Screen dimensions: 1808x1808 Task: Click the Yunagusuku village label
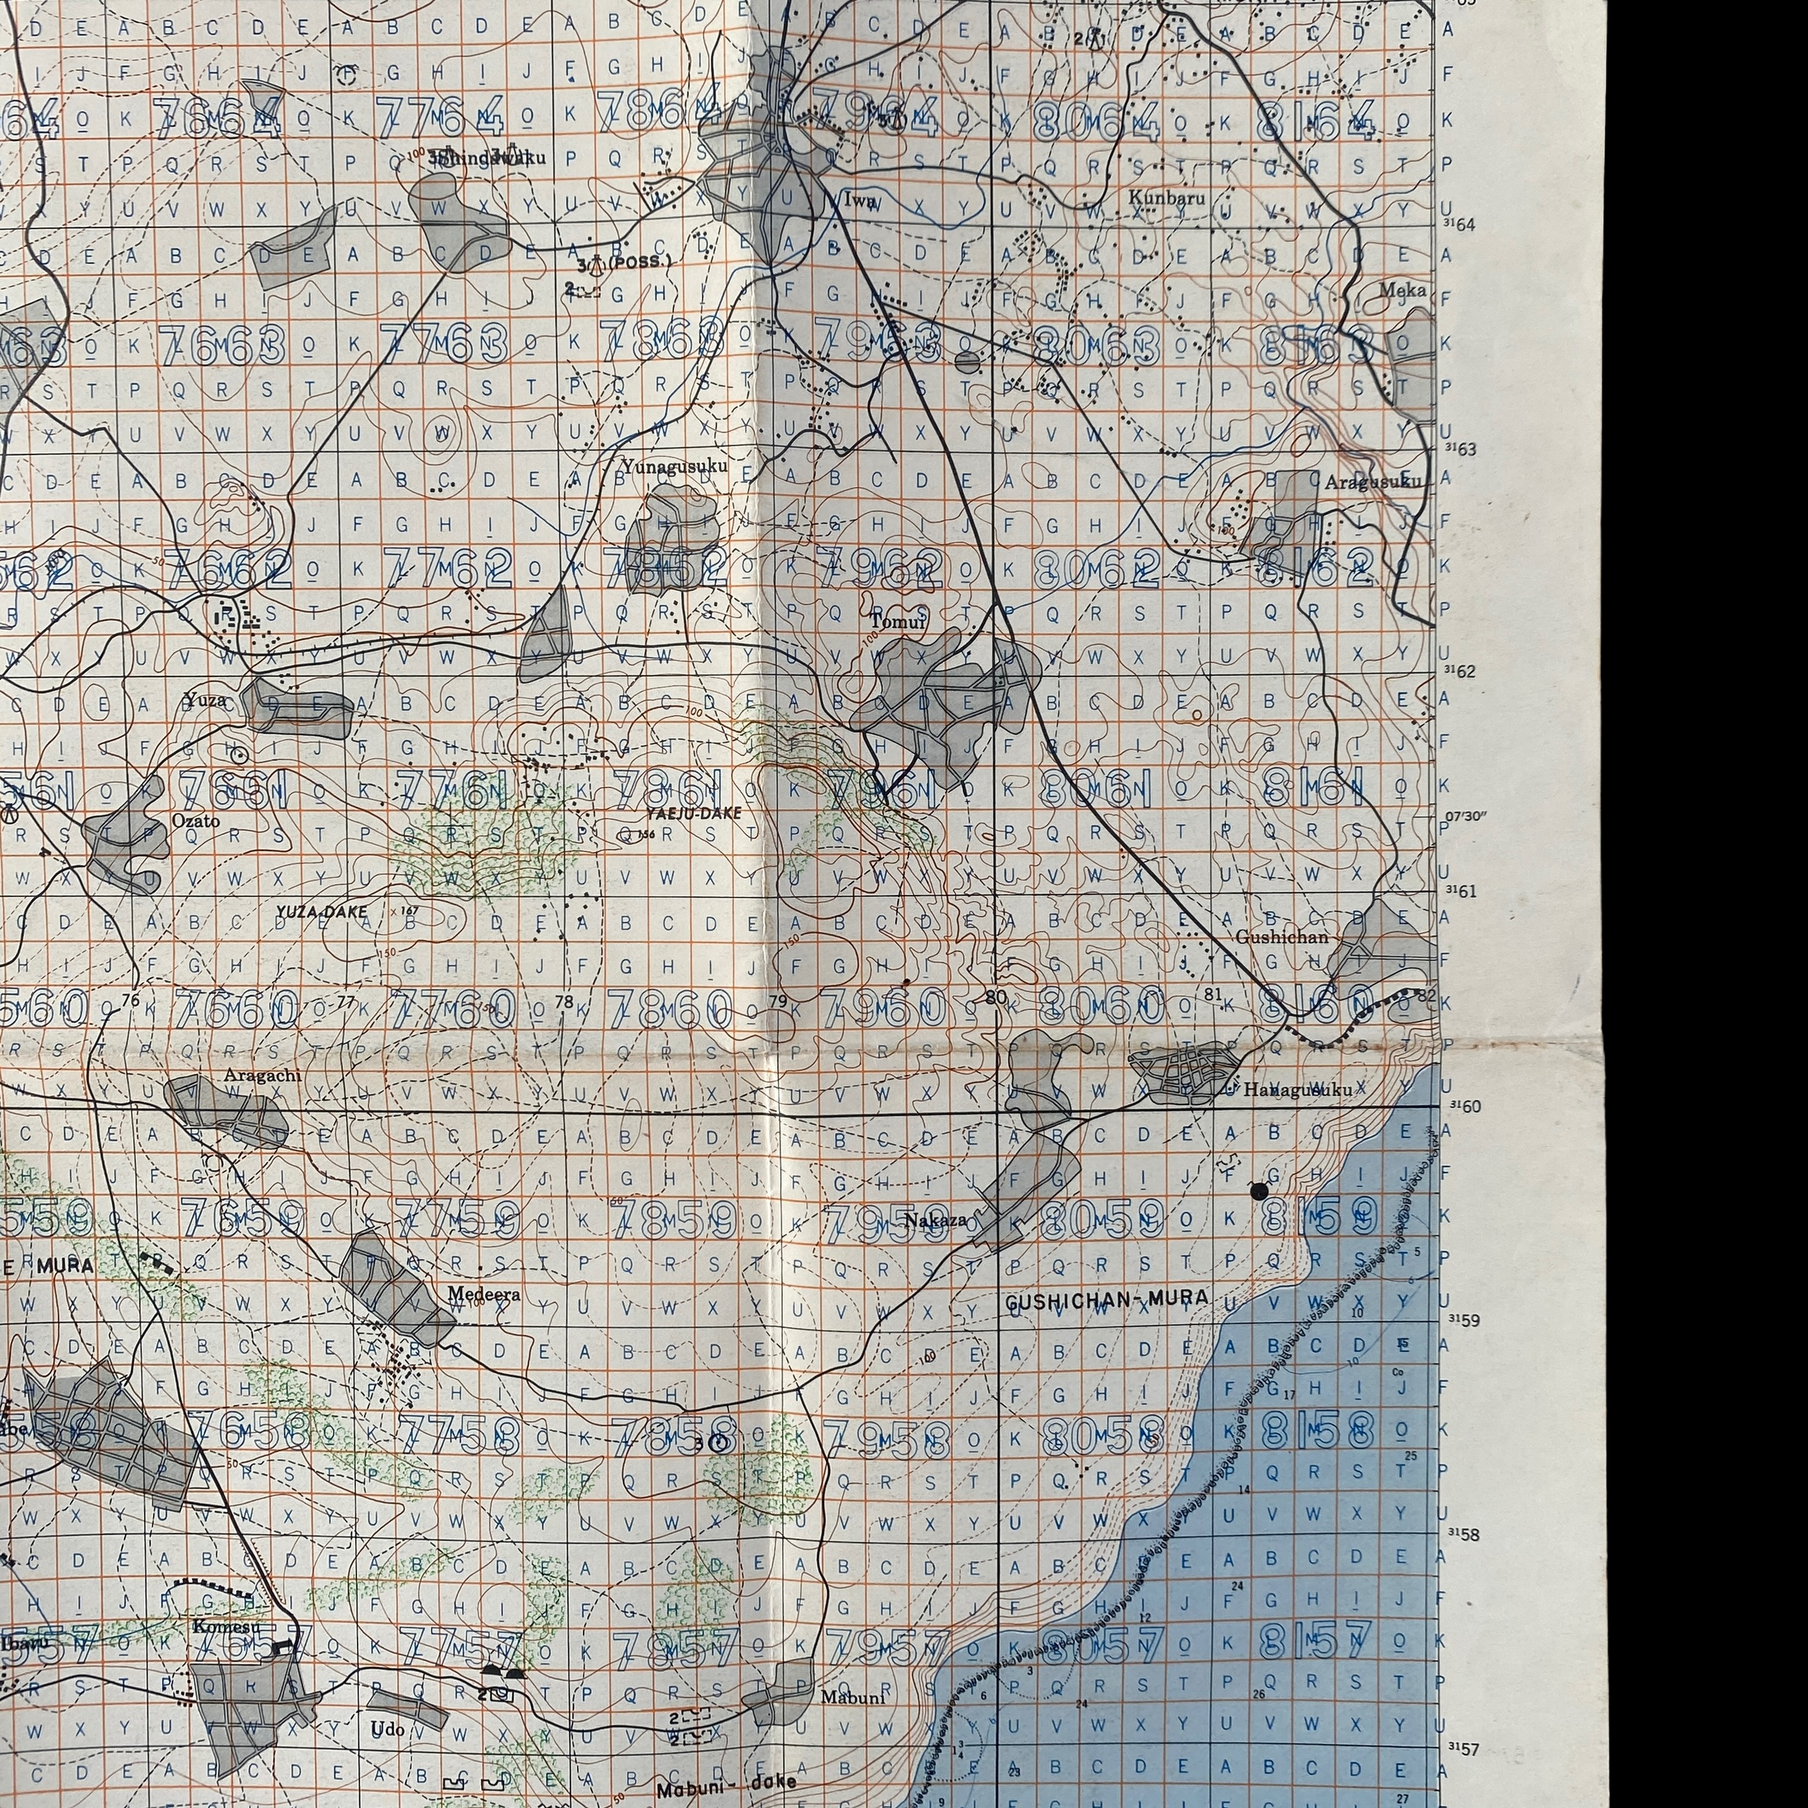tap(673, 465)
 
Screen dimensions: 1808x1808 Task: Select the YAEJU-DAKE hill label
tap(693, 814)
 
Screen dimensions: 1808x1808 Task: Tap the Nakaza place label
tap(935, 1220)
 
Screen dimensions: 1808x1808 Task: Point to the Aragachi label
tap(262, 1075)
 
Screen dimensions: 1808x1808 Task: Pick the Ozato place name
tap(196, 820)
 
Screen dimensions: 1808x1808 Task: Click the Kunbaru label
tap(1166, 197)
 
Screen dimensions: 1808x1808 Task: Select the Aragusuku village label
tap(1372, 482)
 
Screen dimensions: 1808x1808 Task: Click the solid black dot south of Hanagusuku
tap(1259, 1190)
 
